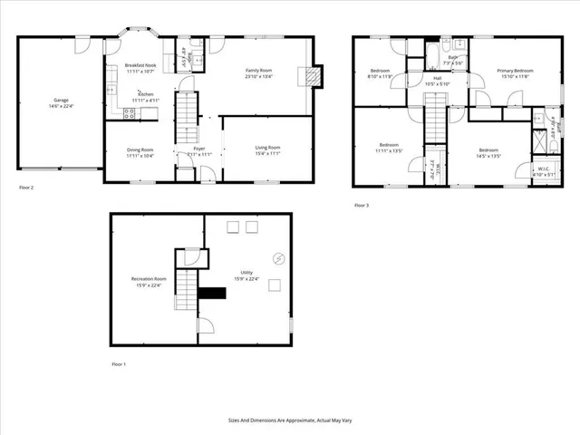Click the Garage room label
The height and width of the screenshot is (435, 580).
[x=62, y=103]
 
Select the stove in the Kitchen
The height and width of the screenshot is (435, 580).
[x=129, y=113]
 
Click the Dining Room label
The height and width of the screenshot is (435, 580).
[x=140, y=152]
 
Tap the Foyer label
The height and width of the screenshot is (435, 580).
[x=199, y=151]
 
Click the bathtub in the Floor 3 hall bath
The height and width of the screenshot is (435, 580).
[x=452, y=45]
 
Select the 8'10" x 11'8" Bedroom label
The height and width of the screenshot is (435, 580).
[x=381, y=73]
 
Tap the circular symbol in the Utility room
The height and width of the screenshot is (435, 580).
[x=278, y=258]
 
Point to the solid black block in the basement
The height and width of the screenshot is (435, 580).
[x=213, y=292]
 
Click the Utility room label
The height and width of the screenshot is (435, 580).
[x=246, y=275]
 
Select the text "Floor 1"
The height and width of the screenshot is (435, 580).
[x=119, y=364]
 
